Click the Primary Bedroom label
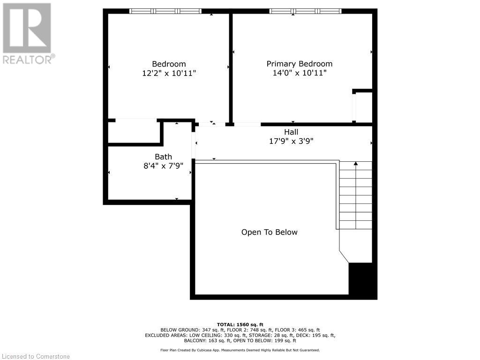(x=299, y=64)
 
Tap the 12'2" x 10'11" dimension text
(x=169, y=73)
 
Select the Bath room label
(x=163, y=157)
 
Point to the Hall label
(x=291, y=132)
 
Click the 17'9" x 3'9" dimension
(x=291, y=141)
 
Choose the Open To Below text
(x=269, y=232)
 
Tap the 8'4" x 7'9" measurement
(x=163, y=165)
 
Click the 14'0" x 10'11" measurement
(x=299, y=73)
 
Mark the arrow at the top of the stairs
(x=356, y=164)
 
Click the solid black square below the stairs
(x=362, y=280)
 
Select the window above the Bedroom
(x=165, y=11)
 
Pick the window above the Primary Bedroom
(x=305, y=11)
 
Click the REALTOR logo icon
(x=27, y=28)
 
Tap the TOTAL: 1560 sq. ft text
(x=240, y=324)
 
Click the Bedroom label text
(x=169, y=64)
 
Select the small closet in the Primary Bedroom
(x=364, y=107)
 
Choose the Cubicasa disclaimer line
(x=240, y=350)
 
